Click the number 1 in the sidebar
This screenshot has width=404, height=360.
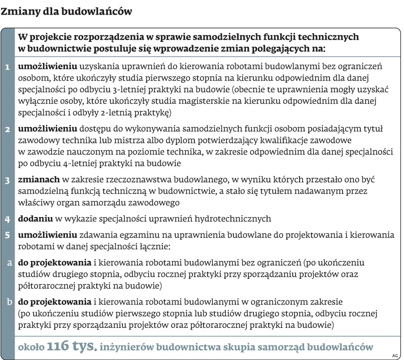pos(8,67)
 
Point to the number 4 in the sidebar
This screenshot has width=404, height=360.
pos(8,219)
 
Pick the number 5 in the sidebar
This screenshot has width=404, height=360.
pos(8,234)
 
